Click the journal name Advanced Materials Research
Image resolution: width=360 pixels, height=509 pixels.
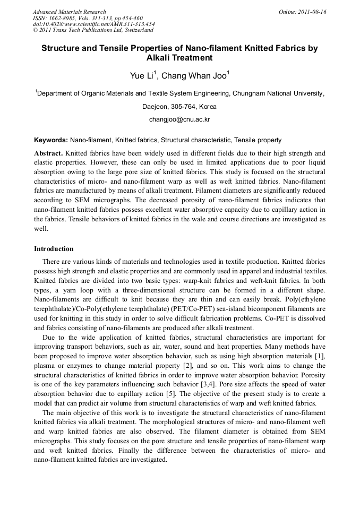click(69, 12)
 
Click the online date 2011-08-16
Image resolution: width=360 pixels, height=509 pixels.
click(311, 12)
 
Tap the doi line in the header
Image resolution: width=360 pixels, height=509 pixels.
click(93, 24)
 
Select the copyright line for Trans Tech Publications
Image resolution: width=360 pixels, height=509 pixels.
click(93, 30)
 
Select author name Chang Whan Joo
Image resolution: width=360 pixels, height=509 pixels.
click(194, 75)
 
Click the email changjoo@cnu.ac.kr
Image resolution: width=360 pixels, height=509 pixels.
click(179, 119)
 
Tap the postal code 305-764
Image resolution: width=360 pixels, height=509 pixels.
click(180, 106)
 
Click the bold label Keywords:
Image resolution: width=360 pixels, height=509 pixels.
click(51, 140)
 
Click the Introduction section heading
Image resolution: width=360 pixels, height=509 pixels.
click(54, 248)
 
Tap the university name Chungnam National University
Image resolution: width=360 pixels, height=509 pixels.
click(278, 93)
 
